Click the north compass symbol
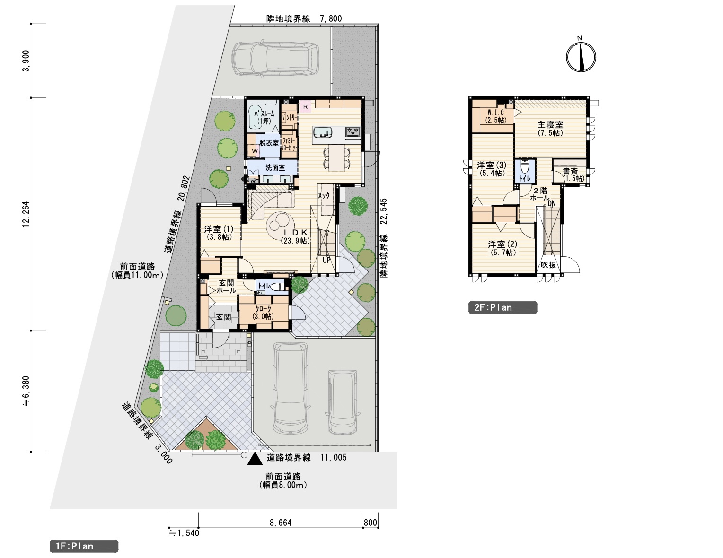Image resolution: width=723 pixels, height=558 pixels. (581, 57)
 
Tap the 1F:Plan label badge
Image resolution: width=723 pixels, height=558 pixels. (84, 546)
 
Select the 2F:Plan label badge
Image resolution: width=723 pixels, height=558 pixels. (503, 307)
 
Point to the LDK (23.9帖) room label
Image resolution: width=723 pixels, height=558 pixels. (295, 236)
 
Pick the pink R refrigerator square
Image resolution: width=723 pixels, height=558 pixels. (305, 107)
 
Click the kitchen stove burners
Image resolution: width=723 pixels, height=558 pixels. (353, 132)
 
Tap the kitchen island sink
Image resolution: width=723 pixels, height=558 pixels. (322, 132)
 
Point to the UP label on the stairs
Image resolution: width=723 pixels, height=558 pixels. (327, 260)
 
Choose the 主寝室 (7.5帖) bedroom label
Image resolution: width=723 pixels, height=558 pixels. (550, 129)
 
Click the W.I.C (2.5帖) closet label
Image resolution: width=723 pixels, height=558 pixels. (496, 116)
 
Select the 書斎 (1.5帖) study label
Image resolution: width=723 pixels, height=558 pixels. (573, 174)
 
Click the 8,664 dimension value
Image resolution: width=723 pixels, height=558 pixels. (281, 523)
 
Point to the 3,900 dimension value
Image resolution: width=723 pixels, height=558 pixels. (26, 61)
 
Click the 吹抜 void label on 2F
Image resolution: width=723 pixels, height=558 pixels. (548, 265)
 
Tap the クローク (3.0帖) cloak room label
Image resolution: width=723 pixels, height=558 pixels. (263, 312)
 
